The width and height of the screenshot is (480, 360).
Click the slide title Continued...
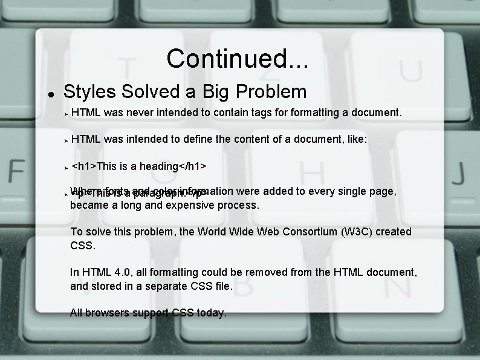click(237, 59)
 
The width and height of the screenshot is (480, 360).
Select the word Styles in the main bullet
click(89, 92)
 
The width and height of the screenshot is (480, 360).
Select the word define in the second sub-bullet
click(196, 139)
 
